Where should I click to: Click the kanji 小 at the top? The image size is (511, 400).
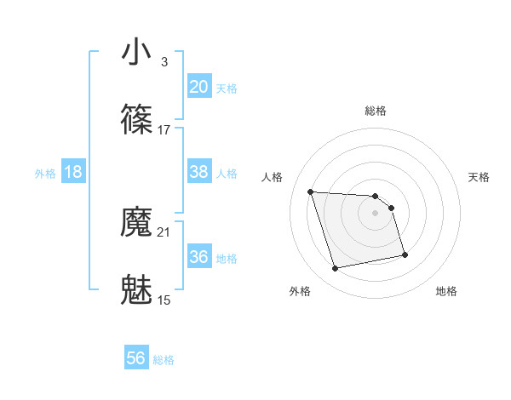[x=137, y=53]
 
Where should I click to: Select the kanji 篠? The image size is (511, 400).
[x=137, y=121]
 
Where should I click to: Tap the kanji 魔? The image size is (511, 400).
[x=137, y=223]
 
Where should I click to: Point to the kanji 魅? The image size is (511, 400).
[x=137, y=290]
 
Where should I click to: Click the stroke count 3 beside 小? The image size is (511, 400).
[x=164, y=62]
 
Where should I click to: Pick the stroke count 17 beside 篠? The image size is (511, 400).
[x=164, y=130]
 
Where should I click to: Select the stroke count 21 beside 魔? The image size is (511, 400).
[x=164, y=232]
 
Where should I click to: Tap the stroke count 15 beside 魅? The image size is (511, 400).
[x=164, y=300]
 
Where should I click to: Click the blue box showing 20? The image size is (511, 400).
[x=198, y=87]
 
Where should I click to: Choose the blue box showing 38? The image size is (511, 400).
[x=198, y=172]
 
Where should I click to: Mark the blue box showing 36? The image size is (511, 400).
[x=198, y=257]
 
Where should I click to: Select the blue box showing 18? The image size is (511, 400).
[x=73, y=172]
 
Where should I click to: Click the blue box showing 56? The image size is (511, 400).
[x=136, y=358]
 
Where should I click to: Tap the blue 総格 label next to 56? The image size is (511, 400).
[x=164, y=360]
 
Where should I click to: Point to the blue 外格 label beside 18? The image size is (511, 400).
[x=45, y=174]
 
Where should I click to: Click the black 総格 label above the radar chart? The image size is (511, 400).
[x=376, y=111]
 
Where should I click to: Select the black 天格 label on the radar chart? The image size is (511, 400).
[x=479, y=177]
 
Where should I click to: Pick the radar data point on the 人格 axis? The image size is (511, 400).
[x=311, y=191]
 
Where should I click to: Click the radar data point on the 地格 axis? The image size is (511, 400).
[x=405, y=254]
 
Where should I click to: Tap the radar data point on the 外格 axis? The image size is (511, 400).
[x=336, y=269]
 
